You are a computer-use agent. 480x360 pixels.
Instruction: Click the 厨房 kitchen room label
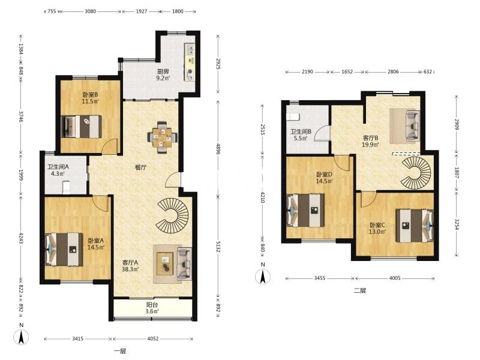tap(163, 71)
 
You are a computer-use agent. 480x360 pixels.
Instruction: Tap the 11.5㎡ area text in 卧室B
tap(91, 101)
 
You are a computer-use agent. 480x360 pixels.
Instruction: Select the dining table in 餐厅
tap(162, 137)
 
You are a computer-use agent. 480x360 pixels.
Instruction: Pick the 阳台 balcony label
tap(152, 305)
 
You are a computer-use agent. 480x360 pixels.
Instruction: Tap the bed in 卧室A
tap(64, 249)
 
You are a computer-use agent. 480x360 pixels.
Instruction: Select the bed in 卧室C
tap(415, 226)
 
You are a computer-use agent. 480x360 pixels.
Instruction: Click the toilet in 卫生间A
tap(67, 187)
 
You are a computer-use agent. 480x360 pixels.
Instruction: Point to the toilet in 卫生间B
tap(293, 116)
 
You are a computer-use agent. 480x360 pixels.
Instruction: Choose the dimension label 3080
tap(91, 11)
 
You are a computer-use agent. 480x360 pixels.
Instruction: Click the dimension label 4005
tap(395, 278)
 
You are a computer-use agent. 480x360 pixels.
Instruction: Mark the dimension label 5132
tap(218, 247)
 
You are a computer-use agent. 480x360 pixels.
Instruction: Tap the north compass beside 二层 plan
tap(263, 277)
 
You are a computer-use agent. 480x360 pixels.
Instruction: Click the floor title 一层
tap(120, 351)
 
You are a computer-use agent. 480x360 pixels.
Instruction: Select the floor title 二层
tap(360, 290)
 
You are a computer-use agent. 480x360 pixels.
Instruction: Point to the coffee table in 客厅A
tap(165, 263)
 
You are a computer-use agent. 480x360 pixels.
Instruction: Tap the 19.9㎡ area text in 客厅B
tap(370, 145)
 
